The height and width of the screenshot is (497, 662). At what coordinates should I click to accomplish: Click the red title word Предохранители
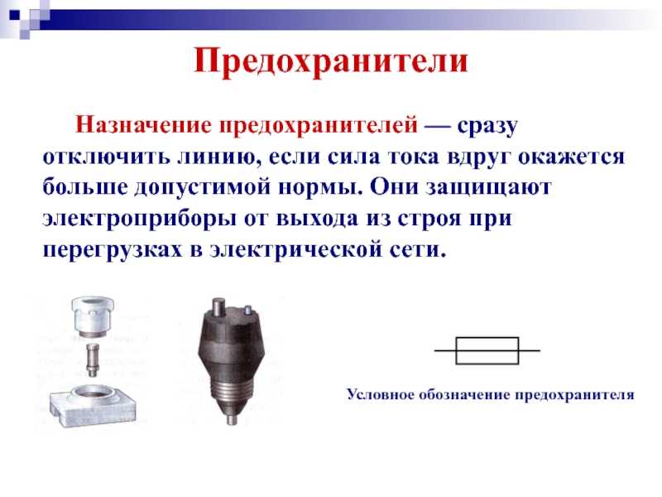point(330,61)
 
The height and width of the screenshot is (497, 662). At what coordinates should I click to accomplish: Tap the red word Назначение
point(143,126)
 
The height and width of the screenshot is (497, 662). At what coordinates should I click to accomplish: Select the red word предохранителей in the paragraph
point(319,127)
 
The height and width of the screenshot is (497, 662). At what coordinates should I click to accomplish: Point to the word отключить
point(106,157)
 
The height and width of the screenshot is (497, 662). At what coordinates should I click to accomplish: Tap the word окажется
point(571,157)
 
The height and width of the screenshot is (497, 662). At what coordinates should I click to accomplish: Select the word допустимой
point(202,188)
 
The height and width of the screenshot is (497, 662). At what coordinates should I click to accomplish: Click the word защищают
point(487,188)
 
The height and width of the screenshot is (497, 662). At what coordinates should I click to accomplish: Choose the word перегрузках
point(113,250)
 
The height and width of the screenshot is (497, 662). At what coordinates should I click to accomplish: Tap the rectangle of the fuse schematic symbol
point(487,338)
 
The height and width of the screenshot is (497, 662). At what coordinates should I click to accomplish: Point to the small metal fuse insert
point(93,359)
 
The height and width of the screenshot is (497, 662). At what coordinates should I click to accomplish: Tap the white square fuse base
point(94,405)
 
